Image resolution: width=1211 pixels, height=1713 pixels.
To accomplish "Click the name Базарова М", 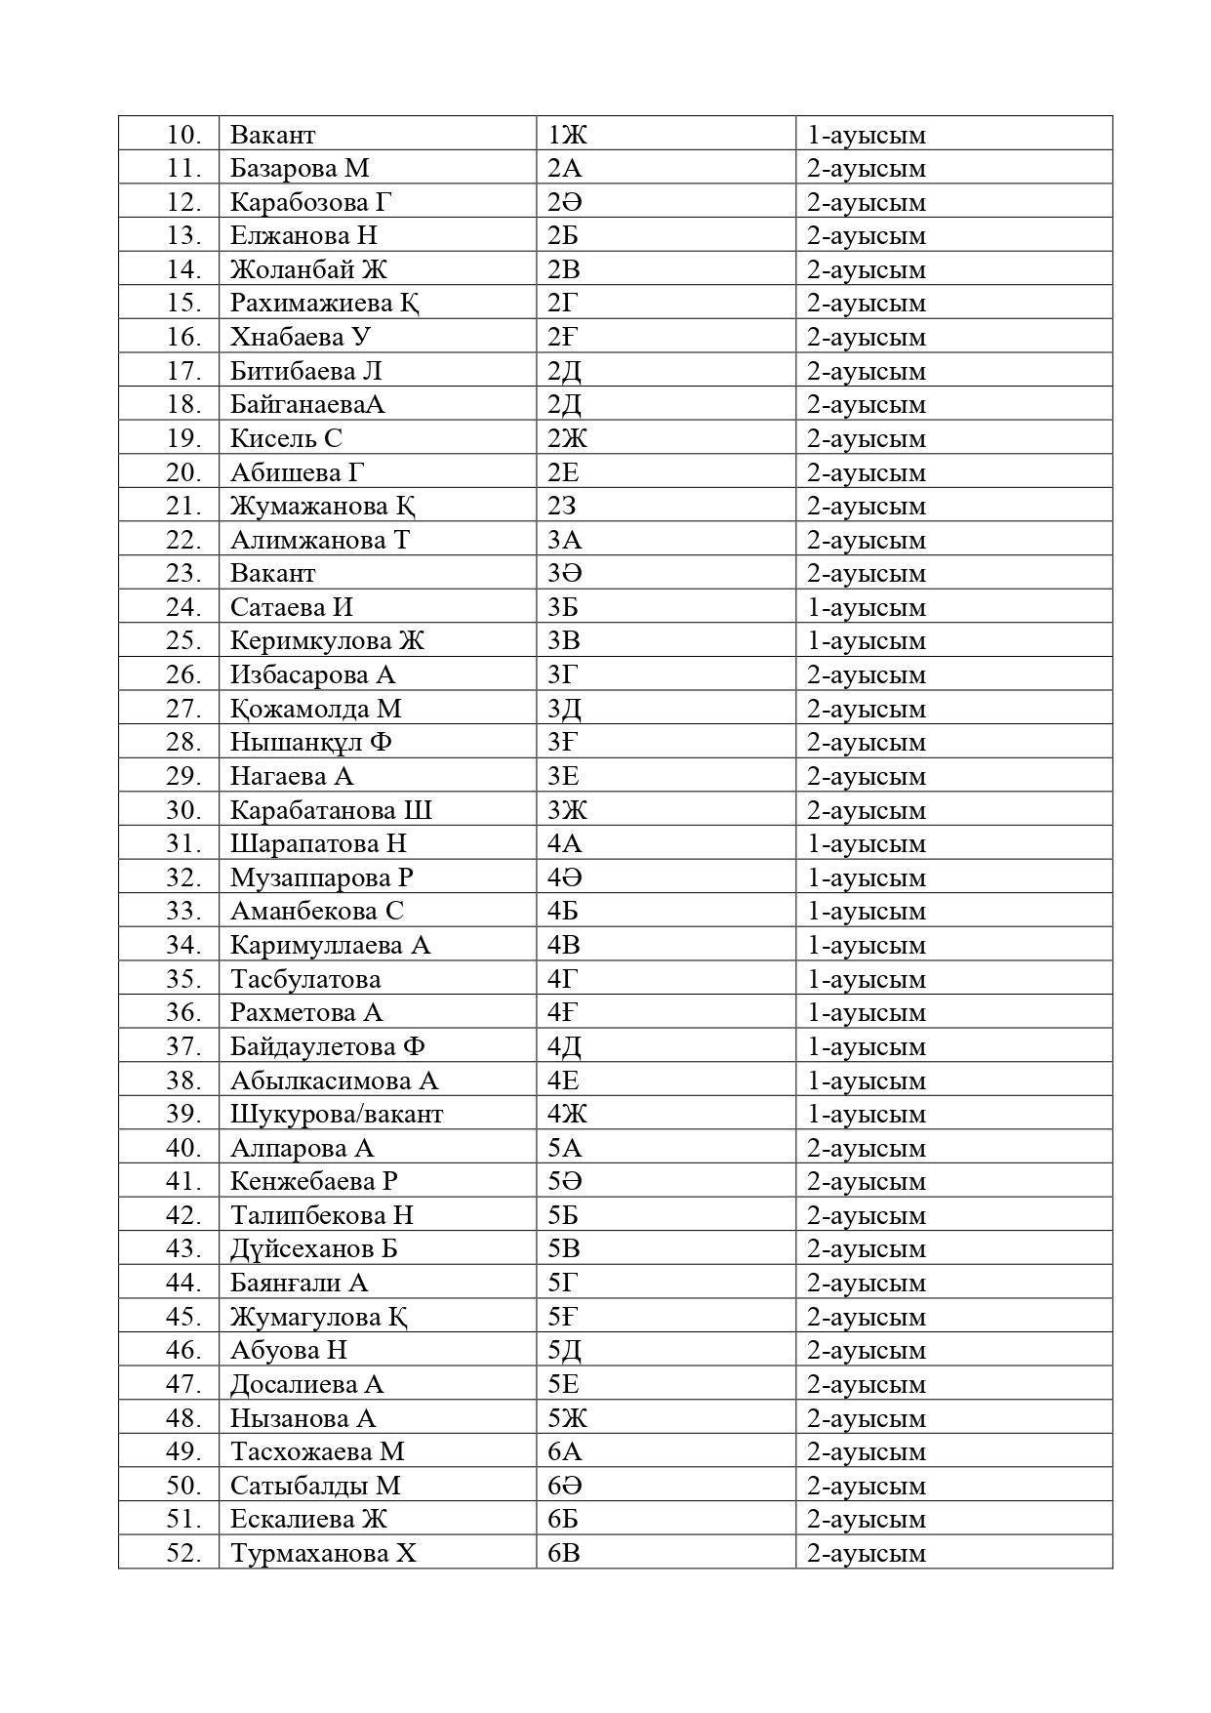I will (300, 168).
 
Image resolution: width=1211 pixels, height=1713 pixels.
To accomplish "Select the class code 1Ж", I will (567, 135).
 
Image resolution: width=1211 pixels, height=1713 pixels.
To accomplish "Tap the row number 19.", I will (183, 438).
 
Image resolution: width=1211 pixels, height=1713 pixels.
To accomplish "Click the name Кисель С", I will (286, 438).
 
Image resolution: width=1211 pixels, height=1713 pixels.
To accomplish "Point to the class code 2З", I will (561, 506).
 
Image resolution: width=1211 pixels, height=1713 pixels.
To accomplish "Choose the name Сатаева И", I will (291, 607).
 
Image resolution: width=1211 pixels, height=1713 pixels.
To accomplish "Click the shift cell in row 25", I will (866, 641).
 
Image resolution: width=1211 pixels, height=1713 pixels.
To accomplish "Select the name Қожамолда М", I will (315, 709).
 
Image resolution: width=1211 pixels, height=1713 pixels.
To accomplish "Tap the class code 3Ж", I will (567, 810).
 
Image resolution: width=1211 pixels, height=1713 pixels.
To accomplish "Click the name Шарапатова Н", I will (318, 843).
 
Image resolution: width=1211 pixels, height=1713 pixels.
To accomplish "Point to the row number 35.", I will (183, 979).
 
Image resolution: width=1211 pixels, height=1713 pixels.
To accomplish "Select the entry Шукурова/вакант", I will (337, 1114).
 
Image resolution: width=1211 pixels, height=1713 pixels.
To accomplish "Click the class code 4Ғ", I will (562, 1012).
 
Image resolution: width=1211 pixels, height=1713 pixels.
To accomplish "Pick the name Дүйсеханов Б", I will (313, 1249).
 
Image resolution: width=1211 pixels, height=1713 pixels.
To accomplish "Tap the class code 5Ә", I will (565, 1181).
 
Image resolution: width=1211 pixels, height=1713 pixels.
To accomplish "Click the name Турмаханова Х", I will (323, 1553).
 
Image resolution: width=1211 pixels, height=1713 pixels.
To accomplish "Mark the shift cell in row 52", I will (866, 1553).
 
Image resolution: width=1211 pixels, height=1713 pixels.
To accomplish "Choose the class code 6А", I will (564, 1451).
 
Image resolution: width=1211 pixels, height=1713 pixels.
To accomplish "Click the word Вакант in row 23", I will (272, 573).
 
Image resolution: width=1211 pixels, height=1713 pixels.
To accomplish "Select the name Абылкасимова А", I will (334, 1081).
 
